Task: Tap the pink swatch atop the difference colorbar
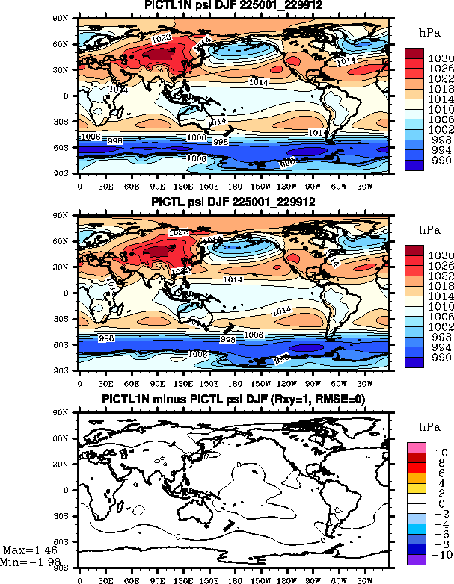point(415,447)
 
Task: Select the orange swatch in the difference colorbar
point(415,477)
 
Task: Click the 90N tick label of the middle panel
point(70,215)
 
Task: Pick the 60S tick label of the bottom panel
point(70,541)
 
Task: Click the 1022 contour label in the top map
point(161,37)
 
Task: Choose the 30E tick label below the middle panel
point(105,381)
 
